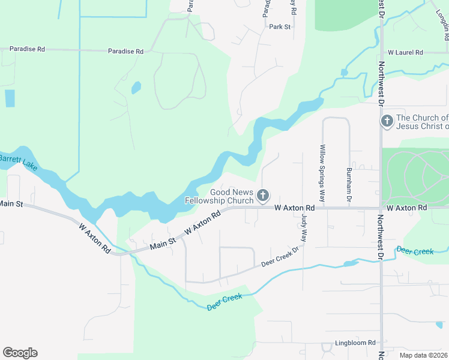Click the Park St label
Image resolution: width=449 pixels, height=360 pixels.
pyautogui.click(x=280, y=27)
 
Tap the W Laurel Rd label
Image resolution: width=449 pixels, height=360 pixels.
pyautogui.click(x=405, y=53)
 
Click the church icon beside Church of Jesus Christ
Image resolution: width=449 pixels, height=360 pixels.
pyautogui.click(x=387, y=122)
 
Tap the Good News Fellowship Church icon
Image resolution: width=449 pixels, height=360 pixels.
pyautogui.click(x=262, y=196)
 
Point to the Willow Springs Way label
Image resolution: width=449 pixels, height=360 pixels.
pyautogui.click(x=322, y=172)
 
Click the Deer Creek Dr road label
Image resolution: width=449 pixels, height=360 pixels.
pyautogui.click(x=280, y=257)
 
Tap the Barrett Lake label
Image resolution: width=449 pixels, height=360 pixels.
pyautogui.click(x=19, y=162)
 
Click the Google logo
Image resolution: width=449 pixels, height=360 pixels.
pyautogui.click(x=20, y=353)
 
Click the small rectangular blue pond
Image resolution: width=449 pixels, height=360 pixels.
pyautogui.click(x=10, y=98)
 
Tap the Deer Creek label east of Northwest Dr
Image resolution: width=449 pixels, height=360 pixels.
pyautogui.click(x=415, y=251)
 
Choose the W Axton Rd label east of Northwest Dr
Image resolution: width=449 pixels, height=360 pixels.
pyautogui.click(x=406, y=208)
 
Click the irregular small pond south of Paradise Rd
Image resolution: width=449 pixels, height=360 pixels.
pyautogui.click(x=136, y=88)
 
